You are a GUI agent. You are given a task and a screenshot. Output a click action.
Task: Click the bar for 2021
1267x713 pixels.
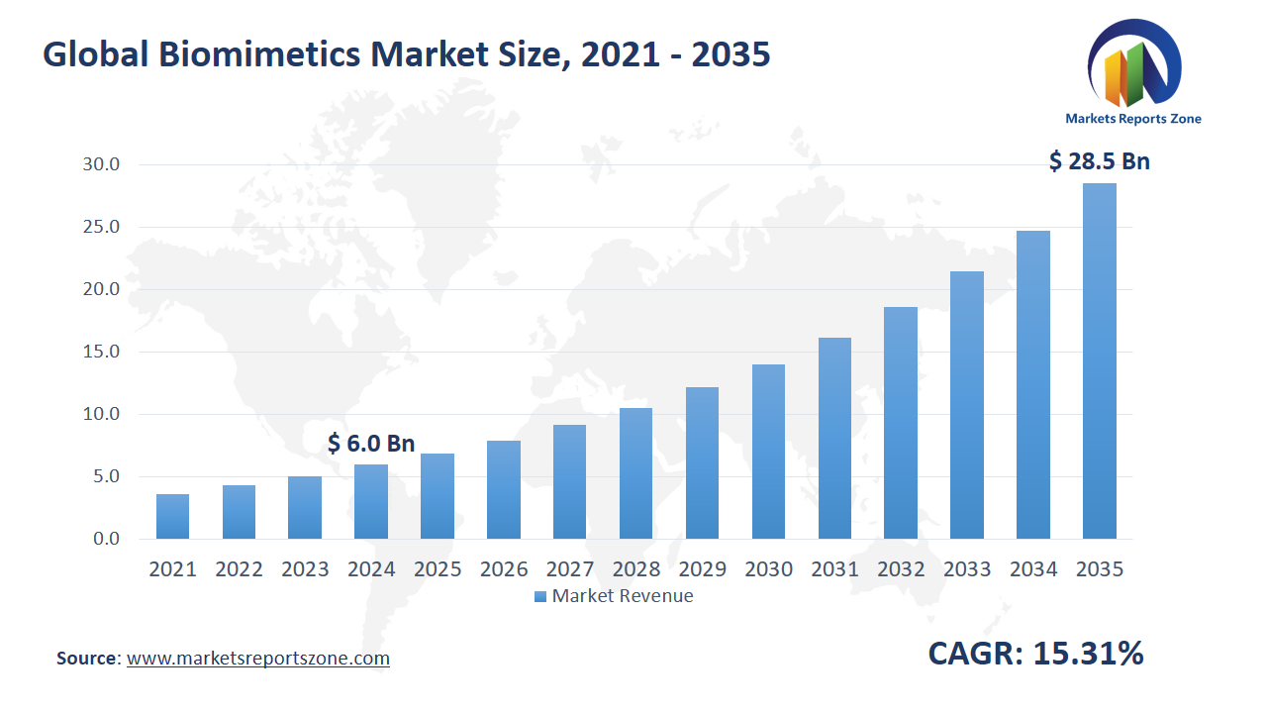click(172, 516)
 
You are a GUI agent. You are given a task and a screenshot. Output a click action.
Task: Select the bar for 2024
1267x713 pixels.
click(371, 501)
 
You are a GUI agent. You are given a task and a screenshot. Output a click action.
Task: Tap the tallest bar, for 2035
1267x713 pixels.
click(1099, 361)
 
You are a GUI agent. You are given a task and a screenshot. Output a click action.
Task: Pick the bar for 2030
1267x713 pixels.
click(768, 452)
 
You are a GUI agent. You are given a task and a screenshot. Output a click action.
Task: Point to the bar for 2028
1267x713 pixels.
click(635, 473)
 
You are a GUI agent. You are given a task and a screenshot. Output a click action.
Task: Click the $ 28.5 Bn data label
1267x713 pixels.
click(1099, 161)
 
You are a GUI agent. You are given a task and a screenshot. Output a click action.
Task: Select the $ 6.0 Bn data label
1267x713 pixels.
click(371, 443)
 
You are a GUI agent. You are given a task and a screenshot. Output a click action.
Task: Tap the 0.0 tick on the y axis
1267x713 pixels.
click(105, 539)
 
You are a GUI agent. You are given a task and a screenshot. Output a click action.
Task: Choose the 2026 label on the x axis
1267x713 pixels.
click(504, 569)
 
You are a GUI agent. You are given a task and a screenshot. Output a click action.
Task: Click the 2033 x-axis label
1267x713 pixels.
click(967, 569)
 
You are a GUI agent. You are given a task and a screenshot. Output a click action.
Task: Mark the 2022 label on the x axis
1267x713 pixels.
click(239, 569)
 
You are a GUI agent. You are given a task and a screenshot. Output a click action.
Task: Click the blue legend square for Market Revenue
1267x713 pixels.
click(539, 596)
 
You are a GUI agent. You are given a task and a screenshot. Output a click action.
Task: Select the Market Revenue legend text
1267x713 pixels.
click(622, 596)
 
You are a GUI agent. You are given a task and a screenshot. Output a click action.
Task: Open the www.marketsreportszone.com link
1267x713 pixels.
click(258, 659)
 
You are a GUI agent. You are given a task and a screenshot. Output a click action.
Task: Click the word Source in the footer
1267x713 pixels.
click(87, 659)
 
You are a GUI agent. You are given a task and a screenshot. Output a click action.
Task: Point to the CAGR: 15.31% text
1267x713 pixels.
click(1035, 654)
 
